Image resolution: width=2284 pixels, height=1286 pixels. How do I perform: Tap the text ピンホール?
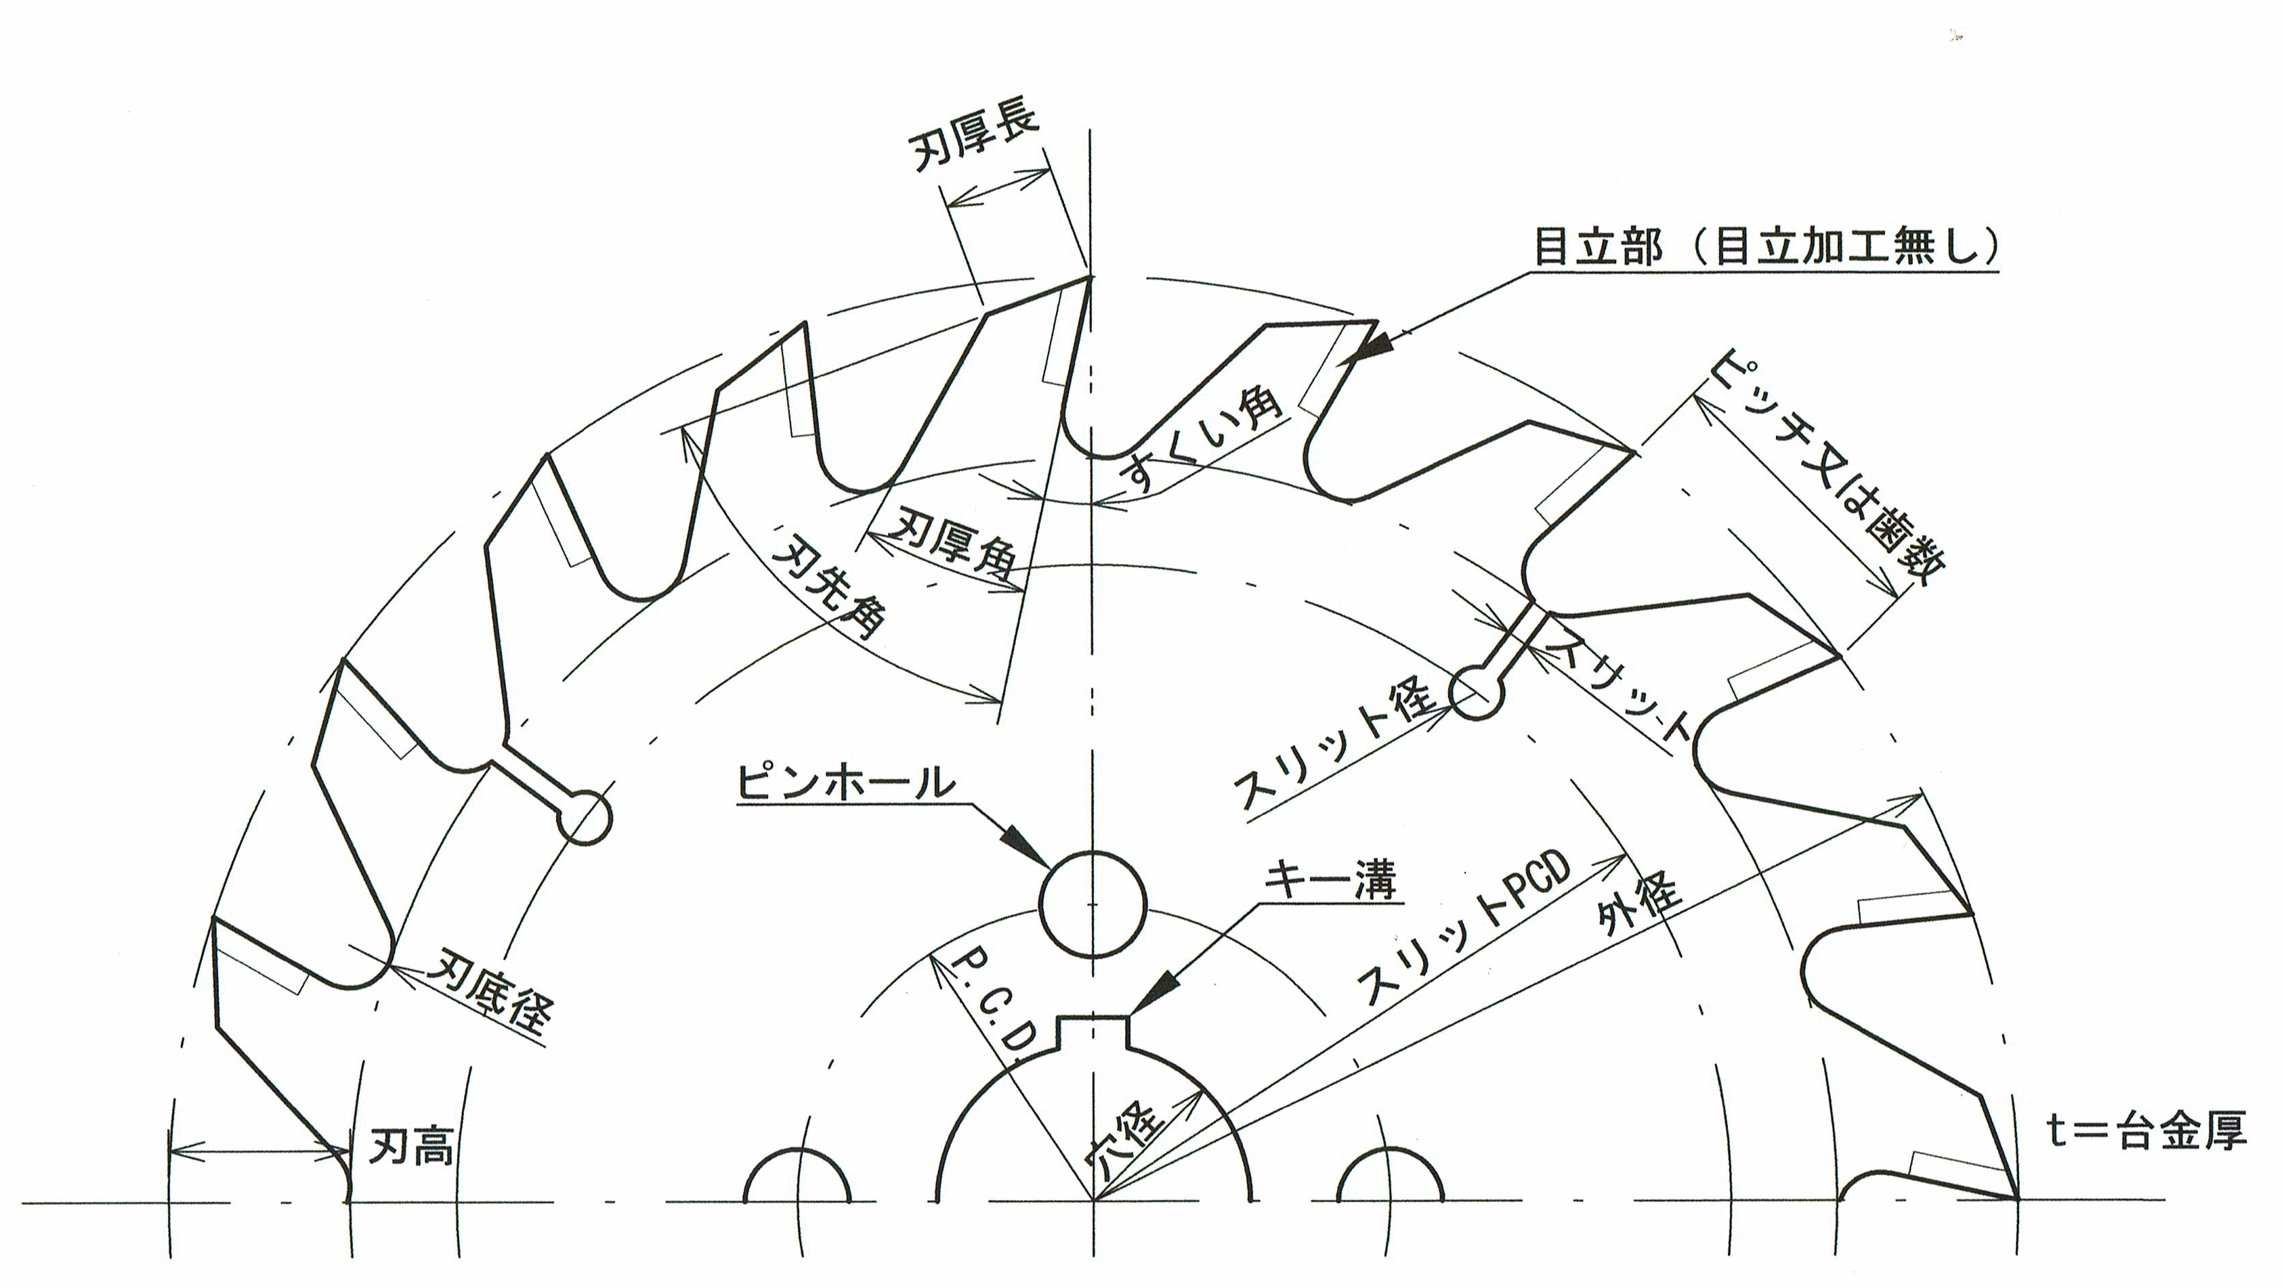[x=846, y=784]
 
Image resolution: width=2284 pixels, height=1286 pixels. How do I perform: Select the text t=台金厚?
[x=2146, y=1132]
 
